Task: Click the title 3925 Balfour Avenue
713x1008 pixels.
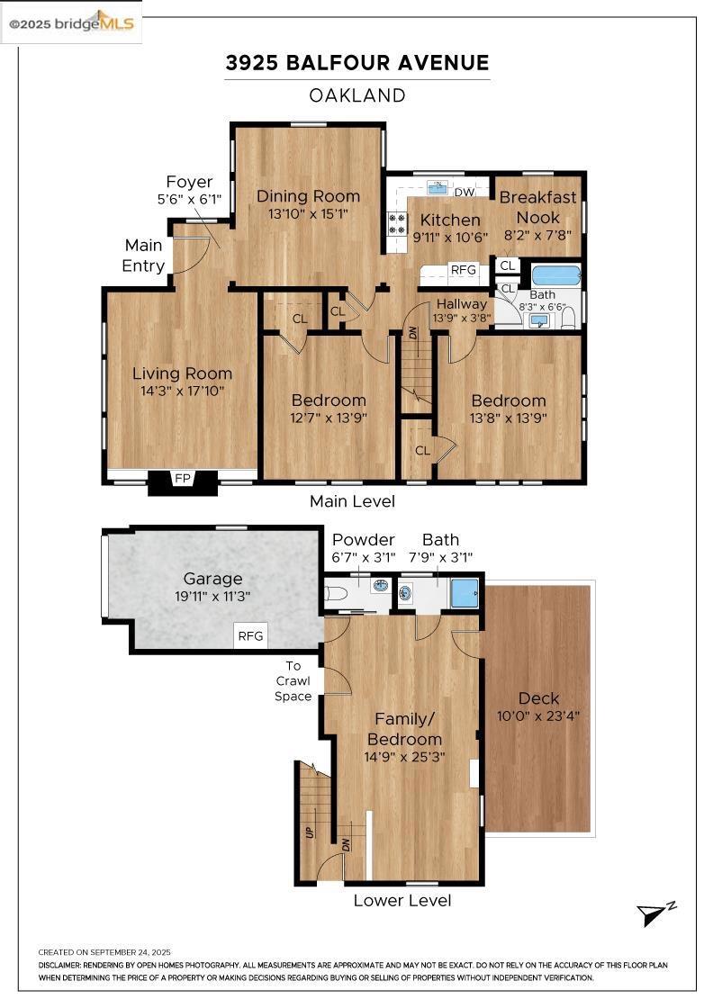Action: pyautogui.click(x=356, y=63)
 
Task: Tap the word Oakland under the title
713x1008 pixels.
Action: pyautogui.click(x=356, y=95)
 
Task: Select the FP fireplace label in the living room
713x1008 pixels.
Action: pyautogui.click(x=183, y=479)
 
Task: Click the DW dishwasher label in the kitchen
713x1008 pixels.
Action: pyautogui.click(x=464, y=193)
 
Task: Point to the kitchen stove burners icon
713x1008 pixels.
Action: pyautogui.click(x=395, y=223)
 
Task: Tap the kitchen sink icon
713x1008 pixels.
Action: pyautogui.click(x=438, y=188)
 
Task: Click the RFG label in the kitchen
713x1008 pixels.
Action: pyautogui.click(x=463, y=269)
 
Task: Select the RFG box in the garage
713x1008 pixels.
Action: pyautogui.click(x=250, y=636)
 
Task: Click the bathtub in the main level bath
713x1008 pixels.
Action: pyautogui.click(x=555, y=274)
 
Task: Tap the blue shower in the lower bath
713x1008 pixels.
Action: pyautogui.click(x=464, y=593)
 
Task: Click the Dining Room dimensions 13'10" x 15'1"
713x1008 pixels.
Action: pyautogui.click(x=309, y=214)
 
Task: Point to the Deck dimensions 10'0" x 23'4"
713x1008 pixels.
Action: pyautogui.click(x=538, y=717)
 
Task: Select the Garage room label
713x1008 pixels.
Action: pyautogui.click(x=213, y=579)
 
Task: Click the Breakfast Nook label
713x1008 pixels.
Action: pyautogui.click(x=537, y=207)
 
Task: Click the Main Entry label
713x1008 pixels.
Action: pyautogui.click(x=144, y=256)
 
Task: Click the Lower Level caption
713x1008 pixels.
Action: pyautogui.click(x=402, y=900)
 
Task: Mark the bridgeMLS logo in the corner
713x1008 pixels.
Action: pyautogui.click(x=72, y=23)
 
